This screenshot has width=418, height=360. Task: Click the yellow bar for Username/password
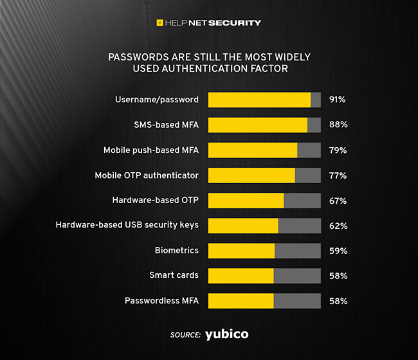click(x=259, y=100)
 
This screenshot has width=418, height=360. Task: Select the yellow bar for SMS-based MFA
click(x=258, y=125)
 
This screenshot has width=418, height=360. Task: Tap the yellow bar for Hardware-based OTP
click(x=246, y=201)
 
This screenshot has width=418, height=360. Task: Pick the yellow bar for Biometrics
click(x=241, y=251)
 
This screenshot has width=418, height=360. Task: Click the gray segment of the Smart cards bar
click(x=297, y=276)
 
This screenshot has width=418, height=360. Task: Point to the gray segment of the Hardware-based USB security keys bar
click(x=299, y=226)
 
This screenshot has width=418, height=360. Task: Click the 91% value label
click(x=338, y=100)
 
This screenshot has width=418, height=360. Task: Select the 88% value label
click(x=338, y=125)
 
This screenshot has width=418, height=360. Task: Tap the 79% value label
click(x=338, y=150)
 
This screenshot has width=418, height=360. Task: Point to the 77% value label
click(x=338, y=175)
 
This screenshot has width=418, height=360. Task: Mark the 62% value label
click(x=338, y=226)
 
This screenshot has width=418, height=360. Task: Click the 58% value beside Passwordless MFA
click(x=338, y=301)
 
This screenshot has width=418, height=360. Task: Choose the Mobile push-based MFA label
click(x=151, y=150)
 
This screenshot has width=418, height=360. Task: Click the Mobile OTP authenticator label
click(x=147, y=175)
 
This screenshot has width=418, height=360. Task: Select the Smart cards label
click(x=174, y=276)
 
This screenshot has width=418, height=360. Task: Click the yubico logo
click(x=226, y=334)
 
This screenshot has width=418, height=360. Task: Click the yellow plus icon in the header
click(x=160, y=23)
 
